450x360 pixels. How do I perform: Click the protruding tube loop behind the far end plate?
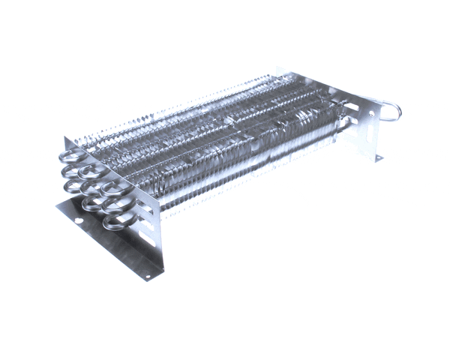coord(391,112)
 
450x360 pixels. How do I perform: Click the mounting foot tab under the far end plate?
coord(378,157)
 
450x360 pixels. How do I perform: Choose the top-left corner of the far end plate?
coord(279,68)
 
